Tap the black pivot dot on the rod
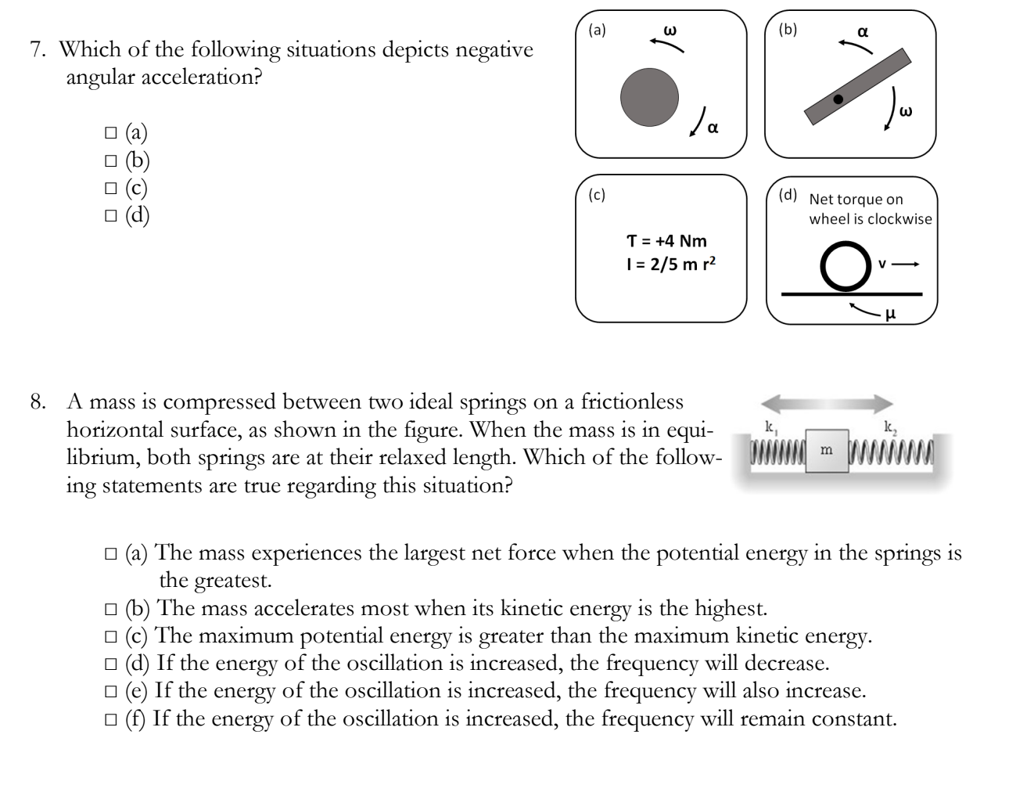pyautogui.click(x=838, y=99)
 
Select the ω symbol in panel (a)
pyautogui.click(x=669, y=30)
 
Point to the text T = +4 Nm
pyautogui.click(x=667, y=240)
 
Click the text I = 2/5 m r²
pyautogui.click(x=667, y=264)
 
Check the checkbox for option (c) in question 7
pyautogui.click(x=110, y=188)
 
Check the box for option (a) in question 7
pyautogui.click(x=110, y=133)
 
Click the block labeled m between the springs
pyautogui.click(x=827, y=450)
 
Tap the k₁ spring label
pyautogui.click(x=770, y=427)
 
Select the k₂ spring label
pyautogui.click(x=889, y=427)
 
